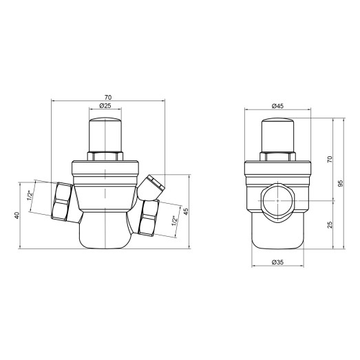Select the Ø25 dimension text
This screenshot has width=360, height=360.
(x=106, y=107)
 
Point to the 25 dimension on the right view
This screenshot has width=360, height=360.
(x=330, y=225)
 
